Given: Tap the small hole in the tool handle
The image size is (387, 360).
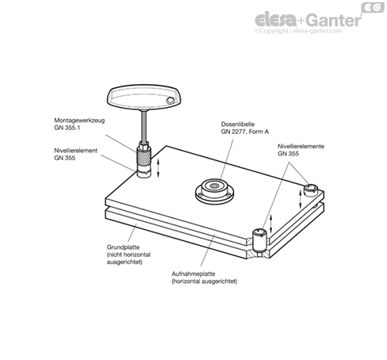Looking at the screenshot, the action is [170, 101].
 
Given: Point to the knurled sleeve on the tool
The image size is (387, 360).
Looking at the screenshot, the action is [144, 155].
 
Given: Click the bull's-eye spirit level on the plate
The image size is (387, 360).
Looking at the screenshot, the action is [215, 191].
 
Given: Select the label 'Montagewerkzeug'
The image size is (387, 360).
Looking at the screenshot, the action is [79, 121].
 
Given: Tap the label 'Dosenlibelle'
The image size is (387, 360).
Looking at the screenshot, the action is [238, 124].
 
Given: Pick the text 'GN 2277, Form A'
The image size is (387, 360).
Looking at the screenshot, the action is [245, 132].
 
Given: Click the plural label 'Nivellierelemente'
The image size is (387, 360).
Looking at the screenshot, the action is [301, 146].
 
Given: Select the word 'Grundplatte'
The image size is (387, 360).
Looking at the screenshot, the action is [123, 247].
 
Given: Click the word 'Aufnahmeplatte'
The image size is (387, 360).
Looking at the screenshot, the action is [193, 274].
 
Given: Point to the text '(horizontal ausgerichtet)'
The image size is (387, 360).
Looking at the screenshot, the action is [205, 281].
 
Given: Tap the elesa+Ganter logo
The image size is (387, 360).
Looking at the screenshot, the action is [308, 20].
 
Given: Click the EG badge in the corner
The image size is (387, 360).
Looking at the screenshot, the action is [373, 7].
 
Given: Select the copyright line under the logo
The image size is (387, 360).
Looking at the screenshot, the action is [298, 31].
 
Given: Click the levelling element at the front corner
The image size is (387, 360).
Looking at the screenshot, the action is [259, 240].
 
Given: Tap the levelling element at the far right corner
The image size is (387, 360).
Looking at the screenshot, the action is [310, 190].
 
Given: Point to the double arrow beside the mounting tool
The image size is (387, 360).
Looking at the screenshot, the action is [159, 168].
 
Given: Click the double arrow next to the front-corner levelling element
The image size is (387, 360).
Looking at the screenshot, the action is [270, 224].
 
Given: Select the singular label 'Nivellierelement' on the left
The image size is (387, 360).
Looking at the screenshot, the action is [76, 151].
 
